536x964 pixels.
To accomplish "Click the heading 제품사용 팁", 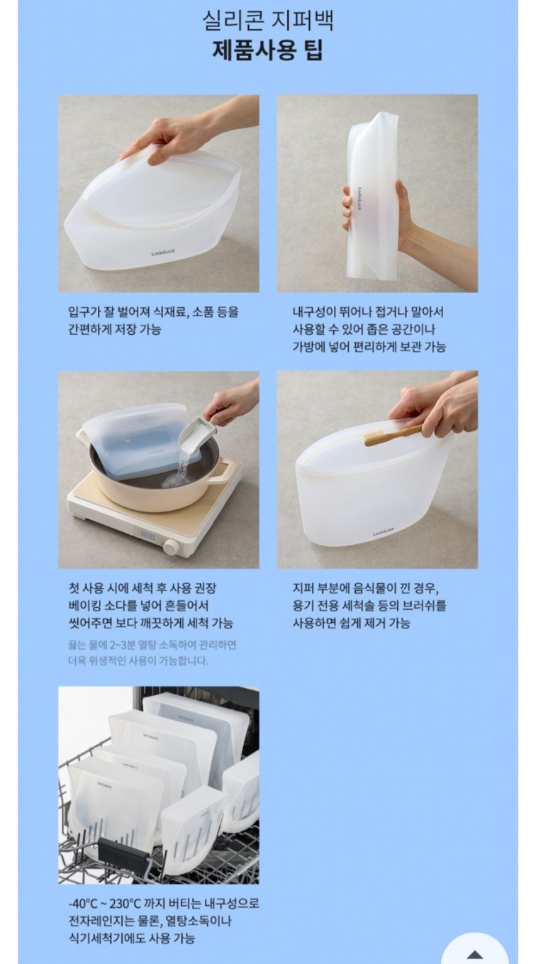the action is (267, 51).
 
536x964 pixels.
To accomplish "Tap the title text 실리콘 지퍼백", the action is (267, 21).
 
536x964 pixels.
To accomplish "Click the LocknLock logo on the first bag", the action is (162, 253).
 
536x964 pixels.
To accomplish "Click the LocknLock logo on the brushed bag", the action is (384, 533).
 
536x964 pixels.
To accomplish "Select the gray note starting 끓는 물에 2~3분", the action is (152, 653).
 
